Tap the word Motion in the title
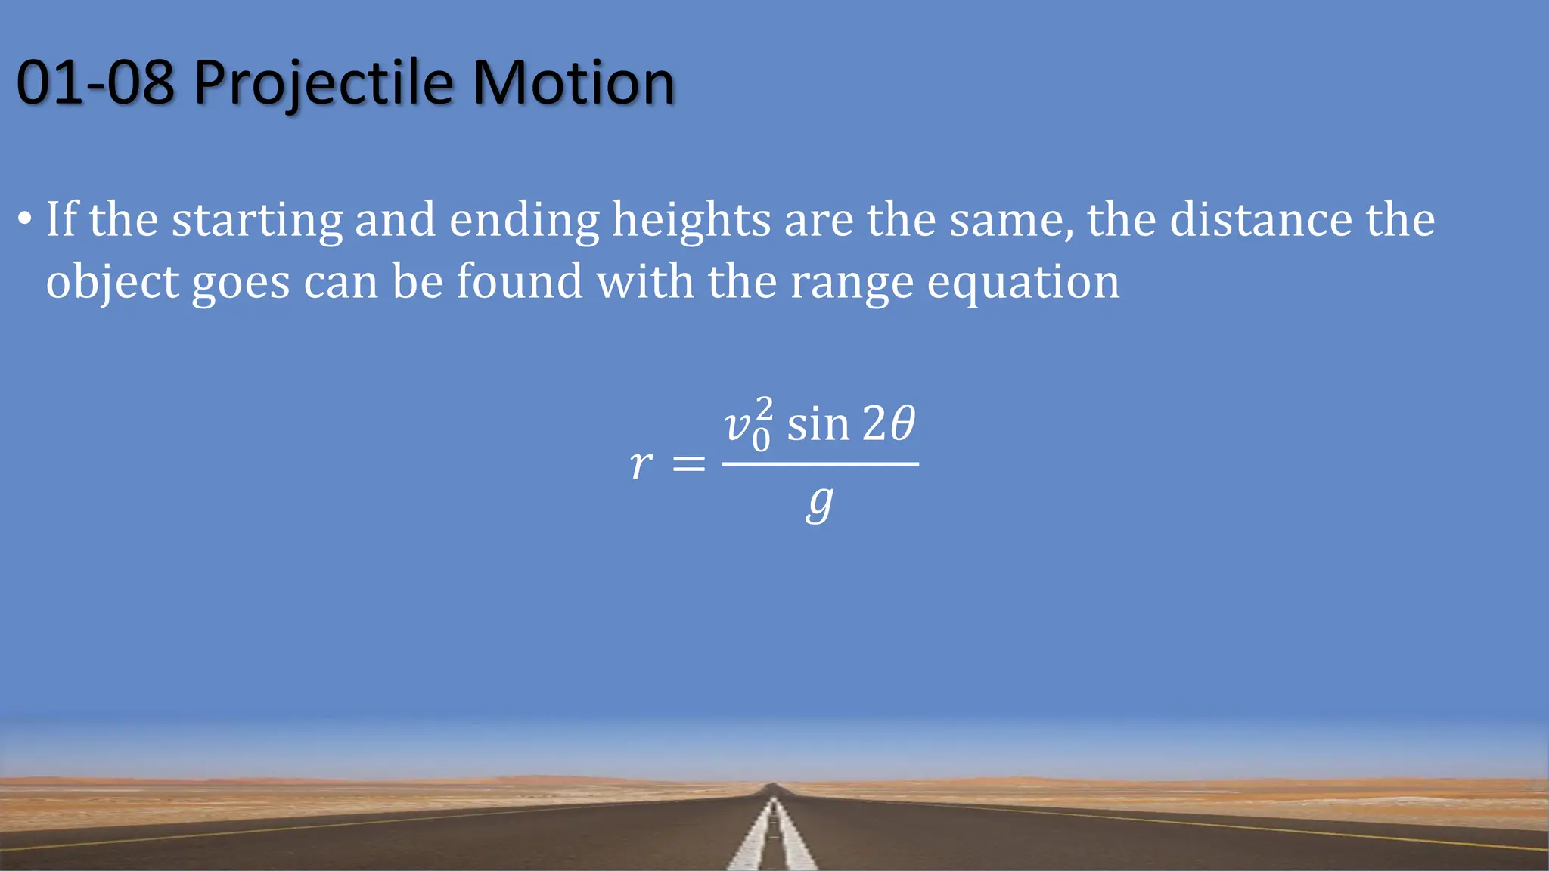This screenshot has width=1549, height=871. tap(573, 83)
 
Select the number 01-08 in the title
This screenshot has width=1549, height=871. tap(95, 83)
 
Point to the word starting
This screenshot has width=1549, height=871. tap(257, 221)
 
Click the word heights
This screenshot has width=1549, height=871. tap(691, 221)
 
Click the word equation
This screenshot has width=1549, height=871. tap(1023, 283)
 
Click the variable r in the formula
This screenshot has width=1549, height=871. tap(641, 463)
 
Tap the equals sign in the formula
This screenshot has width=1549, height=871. tap(688, 463)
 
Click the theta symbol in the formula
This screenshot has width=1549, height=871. tap(902, 423)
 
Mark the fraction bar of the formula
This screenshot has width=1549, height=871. tap(820, 463)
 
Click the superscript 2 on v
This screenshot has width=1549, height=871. tap(764, 408)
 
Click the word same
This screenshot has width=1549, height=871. tap(1010, 221)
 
